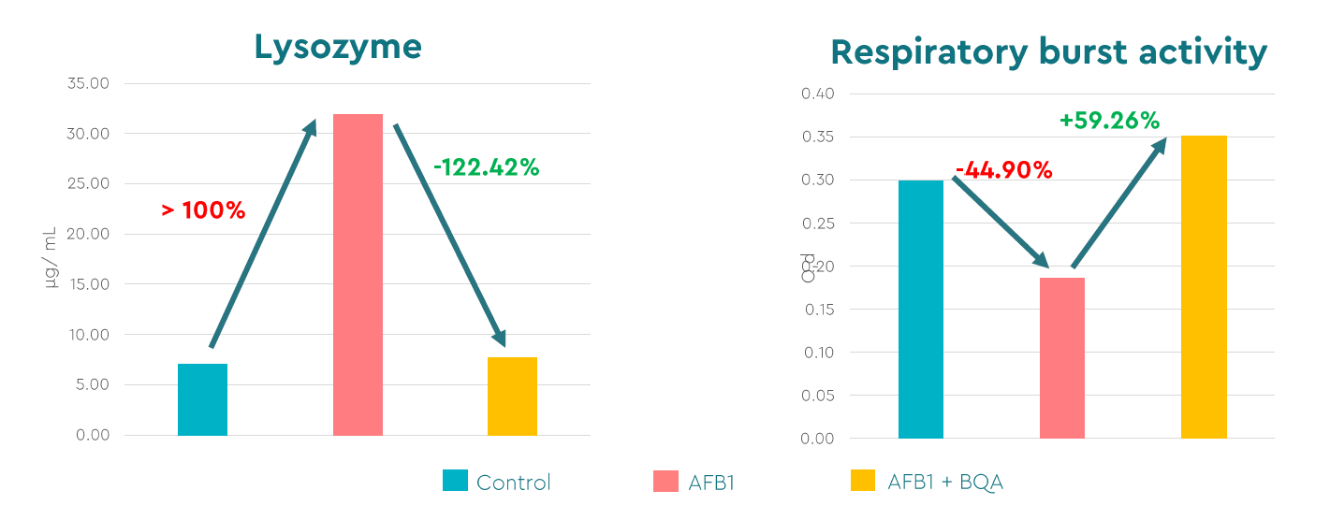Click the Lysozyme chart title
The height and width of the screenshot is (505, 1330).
coord(338,46)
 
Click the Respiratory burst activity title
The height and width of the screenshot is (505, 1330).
coord(1049,51)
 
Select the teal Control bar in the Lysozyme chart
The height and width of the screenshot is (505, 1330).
coord(202,399)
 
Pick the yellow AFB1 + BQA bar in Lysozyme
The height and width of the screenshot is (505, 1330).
coord(512,397)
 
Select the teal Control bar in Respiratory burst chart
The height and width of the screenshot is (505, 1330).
coord(921,309)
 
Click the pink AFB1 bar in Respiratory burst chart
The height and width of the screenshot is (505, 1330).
coord(1062,357)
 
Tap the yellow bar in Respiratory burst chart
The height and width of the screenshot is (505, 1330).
coord(1204,286)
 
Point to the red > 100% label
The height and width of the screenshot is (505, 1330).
coord(203,210)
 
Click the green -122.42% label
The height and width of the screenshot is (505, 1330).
coord(486,168)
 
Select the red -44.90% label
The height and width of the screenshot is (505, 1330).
coord(1003,171)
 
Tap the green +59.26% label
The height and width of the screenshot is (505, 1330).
coord(1109,121)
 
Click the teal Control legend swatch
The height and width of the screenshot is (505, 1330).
coord(455,481)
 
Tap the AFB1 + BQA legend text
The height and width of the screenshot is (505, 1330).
coord(945,482)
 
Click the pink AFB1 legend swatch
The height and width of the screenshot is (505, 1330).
coord(665,481)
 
